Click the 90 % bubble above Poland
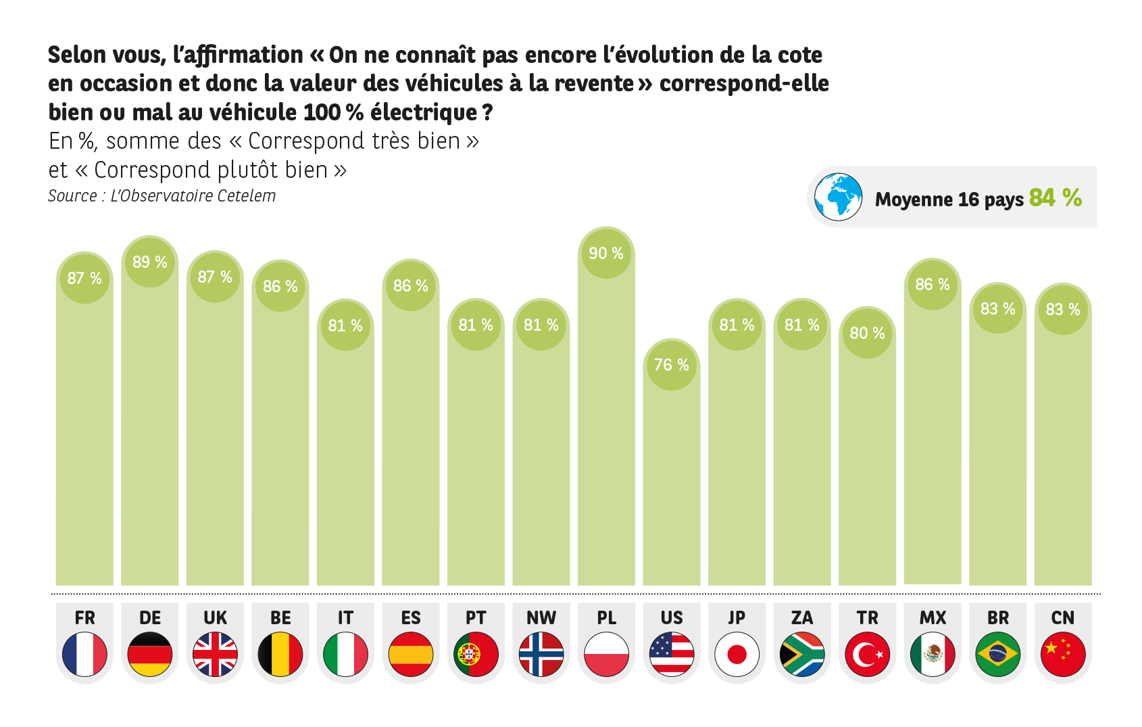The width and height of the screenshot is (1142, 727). pyautogui.click(x=606, y=254)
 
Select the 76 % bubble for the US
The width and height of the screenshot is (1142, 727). pyautogui.click(x=671, y=365)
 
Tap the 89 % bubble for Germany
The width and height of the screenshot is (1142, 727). pyautogui.click(x=150, y=262)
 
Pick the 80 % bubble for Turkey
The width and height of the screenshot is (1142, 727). pyautogui.click(x=867, y=333)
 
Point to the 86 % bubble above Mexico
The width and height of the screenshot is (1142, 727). pyautogui.click(x=933, y=285)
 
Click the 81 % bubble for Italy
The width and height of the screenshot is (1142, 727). pyautogui.click(x=345, y=326)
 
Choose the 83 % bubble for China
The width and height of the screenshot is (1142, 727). pyautogui.click(x=1063, y=310)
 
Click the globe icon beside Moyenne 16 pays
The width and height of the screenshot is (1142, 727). pyautogui.click(x=838, y=197)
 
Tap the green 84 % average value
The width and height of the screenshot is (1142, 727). pyautogui.click(x=1056, y=197)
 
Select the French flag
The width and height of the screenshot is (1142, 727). pyautogui.click(x=84, y=654)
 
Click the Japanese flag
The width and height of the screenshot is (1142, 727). pyautogui.click(x=737, y=654)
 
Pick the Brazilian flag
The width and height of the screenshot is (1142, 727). pyautogui.click(x=997, y=654)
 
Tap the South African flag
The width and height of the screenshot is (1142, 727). pyautogui.click(x=802, y=654)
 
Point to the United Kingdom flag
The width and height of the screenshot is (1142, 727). pyautogui.click(x=215, y=654)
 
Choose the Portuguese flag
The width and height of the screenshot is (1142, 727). pyautogui.click(x=476, y=654)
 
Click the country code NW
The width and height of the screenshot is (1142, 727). pyautogui.click(x=541, y=618)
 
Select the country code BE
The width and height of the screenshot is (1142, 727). pyautogui.click(x=280, y=618)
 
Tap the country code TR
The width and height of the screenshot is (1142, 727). pyautogui.click(x=867, y=618)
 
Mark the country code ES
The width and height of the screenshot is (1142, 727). pyautogui.click(x=411, y=618)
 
